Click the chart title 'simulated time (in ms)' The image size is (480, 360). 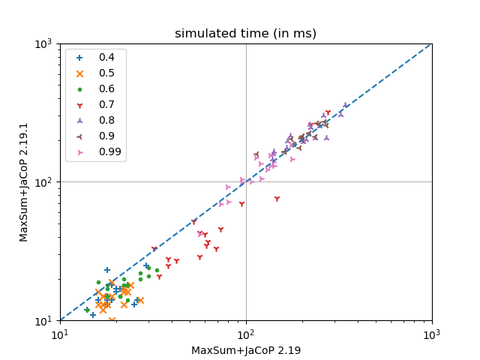click(x=245, y=34)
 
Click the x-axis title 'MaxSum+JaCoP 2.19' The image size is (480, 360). click(x=246, y=350)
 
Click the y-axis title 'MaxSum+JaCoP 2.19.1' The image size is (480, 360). click(x=24, y=182)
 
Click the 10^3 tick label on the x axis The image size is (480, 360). click(x=431, y=333)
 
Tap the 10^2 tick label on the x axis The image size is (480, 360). click(x=246, y=333)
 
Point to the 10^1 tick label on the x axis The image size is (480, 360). click(x=60, y=333)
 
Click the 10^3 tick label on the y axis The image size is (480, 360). click(x=43, y=43)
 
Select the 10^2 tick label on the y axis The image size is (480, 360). click(x=43, y=182)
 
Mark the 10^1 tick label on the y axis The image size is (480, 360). click(x=43, y=320)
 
